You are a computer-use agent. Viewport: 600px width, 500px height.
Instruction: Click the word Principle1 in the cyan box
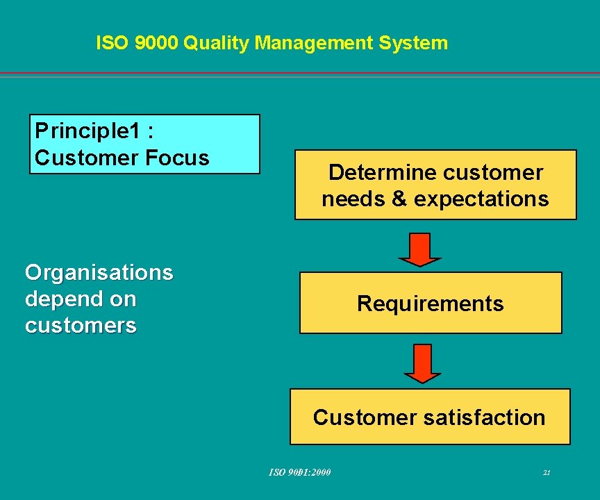(x=86, y=130)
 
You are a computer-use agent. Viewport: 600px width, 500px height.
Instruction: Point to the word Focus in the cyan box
(x=177, y=158)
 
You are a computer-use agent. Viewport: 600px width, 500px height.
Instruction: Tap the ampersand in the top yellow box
(x=399, y=199)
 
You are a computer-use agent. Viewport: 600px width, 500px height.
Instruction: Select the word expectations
(x=481, y=199)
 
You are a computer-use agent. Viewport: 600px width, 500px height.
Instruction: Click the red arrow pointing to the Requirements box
(x=419, y=249)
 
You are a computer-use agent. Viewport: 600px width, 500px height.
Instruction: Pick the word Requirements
(x=431, y=303)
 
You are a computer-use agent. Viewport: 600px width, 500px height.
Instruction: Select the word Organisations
(x=99, y=272)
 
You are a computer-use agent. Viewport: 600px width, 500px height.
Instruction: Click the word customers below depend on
(x=81, y=325)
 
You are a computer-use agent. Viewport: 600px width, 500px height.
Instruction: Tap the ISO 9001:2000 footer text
(x=300, y=473)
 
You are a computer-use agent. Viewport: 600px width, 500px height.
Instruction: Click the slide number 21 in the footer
(x=547, y=473)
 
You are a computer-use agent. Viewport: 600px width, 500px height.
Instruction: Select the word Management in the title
(x=314, y=43)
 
